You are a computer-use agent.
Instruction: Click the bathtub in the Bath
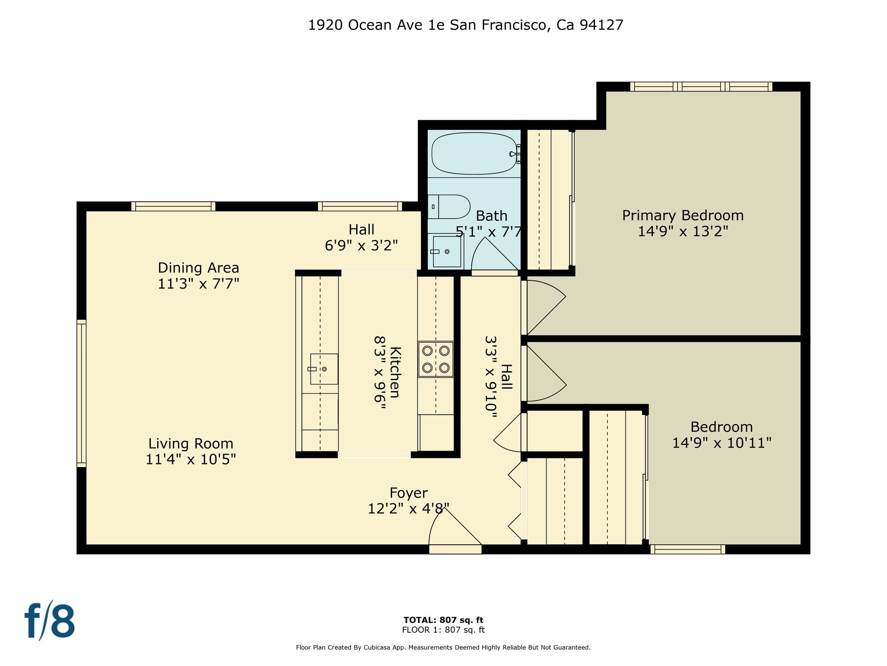pos(474,154)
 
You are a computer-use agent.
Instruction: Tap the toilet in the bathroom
pos(449,207)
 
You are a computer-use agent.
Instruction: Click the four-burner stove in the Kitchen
pos(436,359)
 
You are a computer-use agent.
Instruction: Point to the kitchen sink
pos(324,369)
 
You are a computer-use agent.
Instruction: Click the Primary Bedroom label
pos(683,216)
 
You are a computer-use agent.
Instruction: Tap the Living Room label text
pos(190,444)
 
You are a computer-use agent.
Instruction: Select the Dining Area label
pos(199,268)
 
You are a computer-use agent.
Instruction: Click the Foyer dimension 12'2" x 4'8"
pos(408,509)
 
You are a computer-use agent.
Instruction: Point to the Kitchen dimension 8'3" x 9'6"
pos(380,372)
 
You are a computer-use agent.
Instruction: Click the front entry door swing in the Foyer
pos(455,528)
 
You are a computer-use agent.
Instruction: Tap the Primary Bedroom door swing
pos(546,307)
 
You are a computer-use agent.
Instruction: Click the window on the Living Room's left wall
pos(81,393)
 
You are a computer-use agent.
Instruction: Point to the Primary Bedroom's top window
pos(701,86)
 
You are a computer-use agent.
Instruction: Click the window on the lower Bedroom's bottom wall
pos(688,549)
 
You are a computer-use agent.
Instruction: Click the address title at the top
pos(466,25)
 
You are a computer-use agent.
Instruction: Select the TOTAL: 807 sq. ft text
pos(443,620)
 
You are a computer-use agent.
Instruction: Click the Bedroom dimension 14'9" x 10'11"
pos(722,443)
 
